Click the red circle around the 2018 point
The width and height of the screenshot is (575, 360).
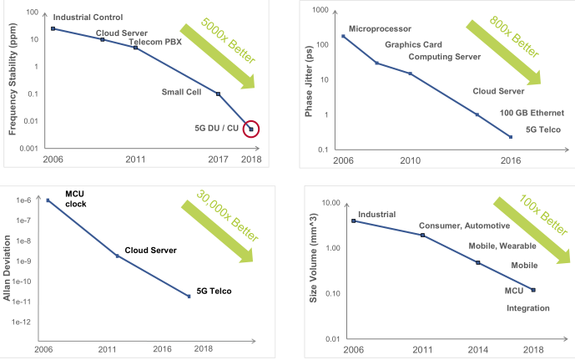point(251,129)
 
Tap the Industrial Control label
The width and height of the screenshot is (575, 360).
point(88,17)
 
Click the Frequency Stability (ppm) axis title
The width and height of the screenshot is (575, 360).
point(13,80)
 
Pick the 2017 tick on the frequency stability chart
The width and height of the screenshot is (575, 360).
point(218,159)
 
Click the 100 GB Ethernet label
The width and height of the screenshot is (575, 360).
point(532,112)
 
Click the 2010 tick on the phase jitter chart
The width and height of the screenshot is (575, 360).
point(410,160)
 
